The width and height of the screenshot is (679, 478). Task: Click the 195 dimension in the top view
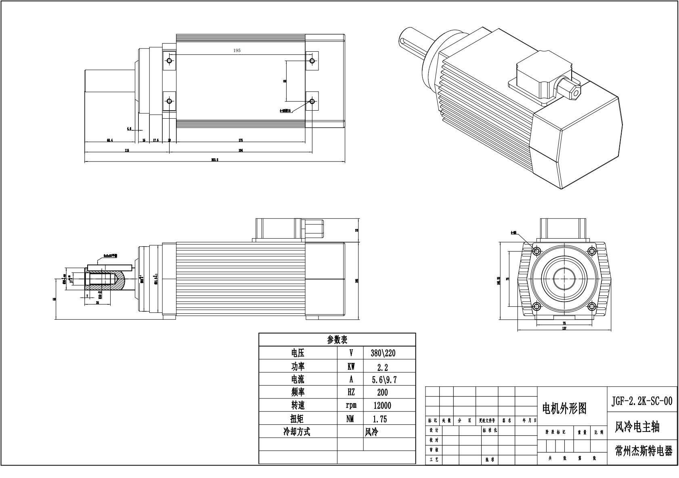click(237, 50)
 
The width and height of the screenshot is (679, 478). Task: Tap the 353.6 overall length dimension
click(215, 160)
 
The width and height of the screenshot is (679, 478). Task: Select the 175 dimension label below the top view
click(241, 140)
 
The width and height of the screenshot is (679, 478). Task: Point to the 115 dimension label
click(127, 150)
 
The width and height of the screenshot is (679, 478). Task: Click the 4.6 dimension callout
click(129, 129)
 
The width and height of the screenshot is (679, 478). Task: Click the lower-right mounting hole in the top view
click(312, 101)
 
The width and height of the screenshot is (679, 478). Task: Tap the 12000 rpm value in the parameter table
click(382, 405)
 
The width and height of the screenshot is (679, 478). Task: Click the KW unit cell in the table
click(350, 367)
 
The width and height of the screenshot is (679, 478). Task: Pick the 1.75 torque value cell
click(380, 419)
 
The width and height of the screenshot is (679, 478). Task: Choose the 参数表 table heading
click(337, 340)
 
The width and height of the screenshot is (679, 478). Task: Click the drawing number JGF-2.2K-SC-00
click(642, 400)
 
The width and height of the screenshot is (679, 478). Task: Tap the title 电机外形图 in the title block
click(564, 409)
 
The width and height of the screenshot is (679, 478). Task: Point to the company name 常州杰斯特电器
click(643, 451)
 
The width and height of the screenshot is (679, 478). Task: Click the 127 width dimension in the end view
click(564, 328)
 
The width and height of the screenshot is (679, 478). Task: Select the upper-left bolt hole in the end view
click(536, 251)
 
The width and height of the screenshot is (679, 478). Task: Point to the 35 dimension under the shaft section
click(97, 302)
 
